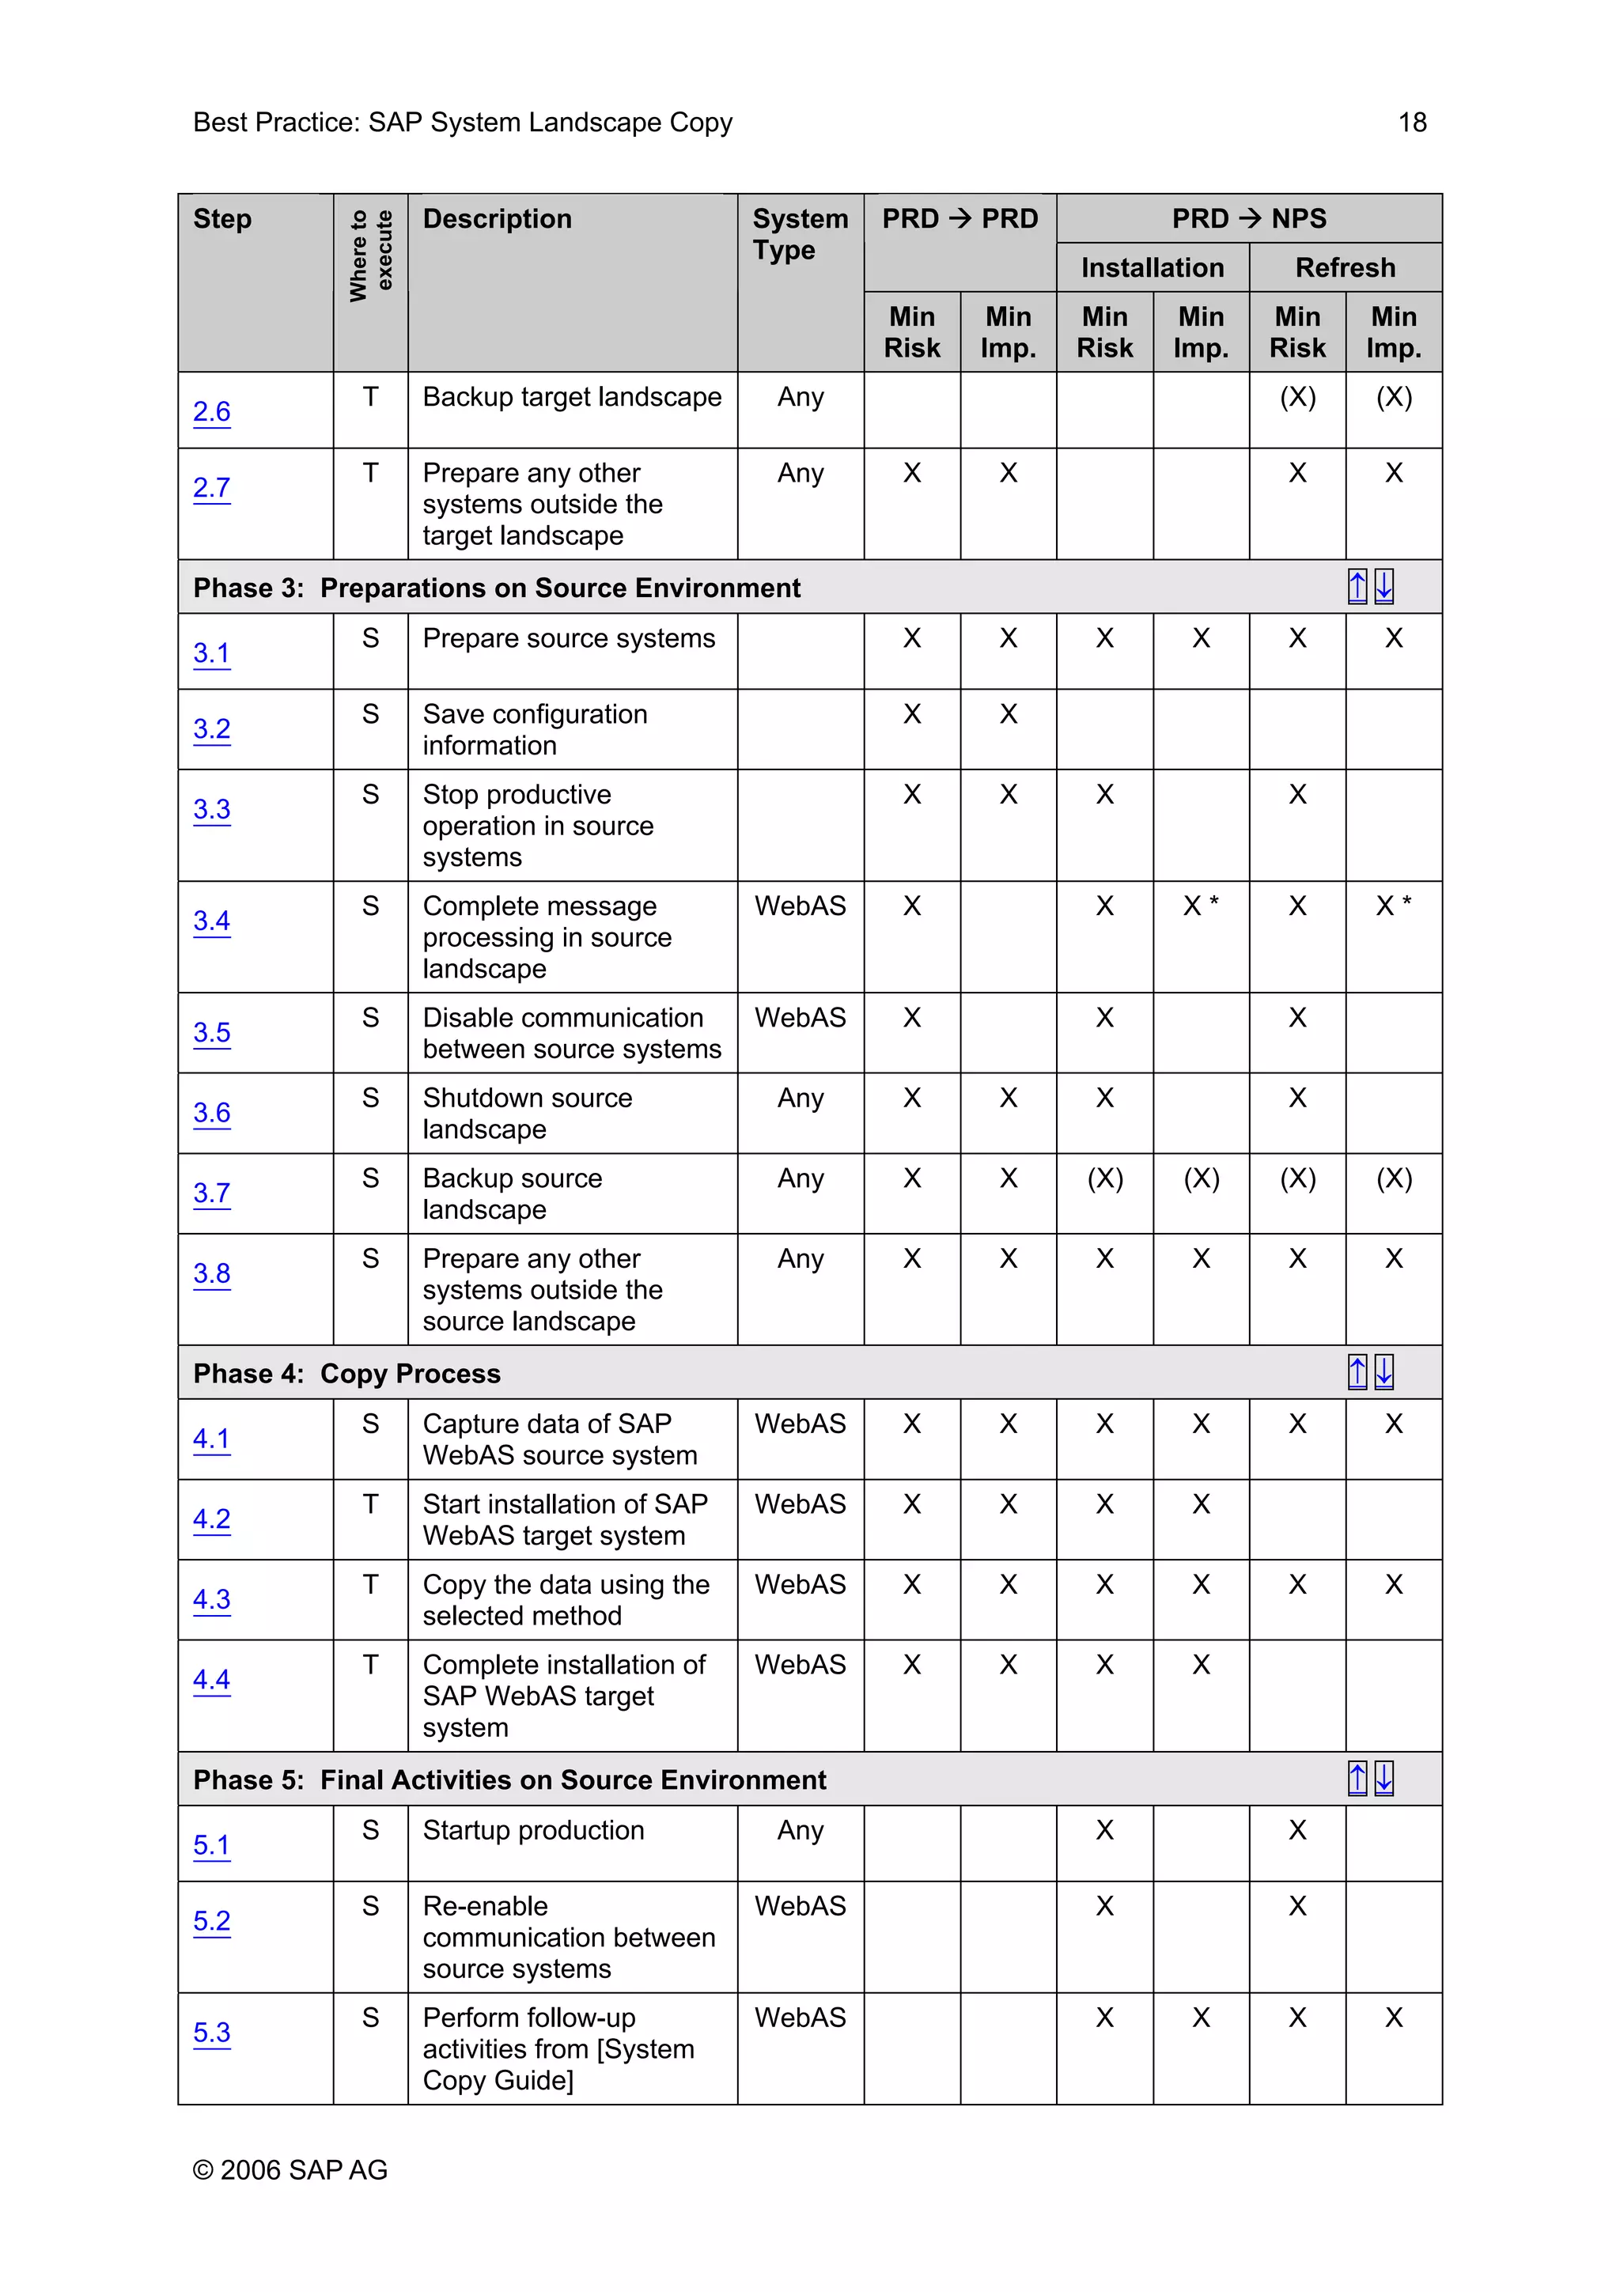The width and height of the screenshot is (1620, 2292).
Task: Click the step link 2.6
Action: pos(212,411)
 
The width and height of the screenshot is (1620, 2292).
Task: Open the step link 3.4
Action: pos(212,921)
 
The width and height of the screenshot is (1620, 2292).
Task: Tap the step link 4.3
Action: pos(212,1599)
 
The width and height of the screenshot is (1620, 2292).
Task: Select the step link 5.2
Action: pos(212,1920)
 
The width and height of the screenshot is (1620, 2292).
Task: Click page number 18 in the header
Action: pos(1411,122)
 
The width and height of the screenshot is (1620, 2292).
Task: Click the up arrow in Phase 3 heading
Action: pos(1357,587)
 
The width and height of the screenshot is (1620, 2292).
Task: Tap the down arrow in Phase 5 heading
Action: pos(1383,1778)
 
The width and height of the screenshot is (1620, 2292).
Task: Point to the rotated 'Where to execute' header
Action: pos(370,255)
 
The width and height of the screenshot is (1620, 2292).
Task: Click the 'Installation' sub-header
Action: pos(1152,267)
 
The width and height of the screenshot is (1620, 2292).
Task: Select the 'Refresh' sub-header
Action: pos(1345,267)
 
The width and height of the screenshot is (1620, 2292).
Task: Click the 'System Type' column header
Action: pos(800,235)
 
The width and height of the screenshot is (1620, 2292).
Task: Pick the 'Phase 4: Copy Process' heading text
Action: pos(346,1374)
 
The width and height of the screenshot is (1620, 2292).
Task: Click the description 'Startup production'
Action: pos(533,1830)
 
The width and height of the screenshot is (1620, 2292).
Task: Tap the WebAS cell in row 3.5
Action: pos(800,1017)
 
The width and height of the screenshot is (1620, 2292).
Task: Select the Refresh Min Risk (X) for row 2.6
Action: pos(1296,397)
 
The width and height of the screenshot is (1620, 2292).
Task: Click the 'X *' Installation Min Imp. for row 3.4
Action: pos(1200,906)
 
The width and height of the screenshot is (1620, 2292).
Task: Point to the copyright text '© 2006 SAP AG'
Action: pos(290,2169)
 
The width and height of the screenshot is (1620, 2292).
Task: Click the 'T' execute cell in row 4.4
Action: pos(370,1664)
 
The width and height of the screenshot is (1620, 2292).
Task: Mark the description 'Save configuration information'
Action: pos(534,730)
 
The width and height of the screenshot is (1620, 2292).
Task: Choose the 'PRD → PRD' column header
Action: pos(960,218)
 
